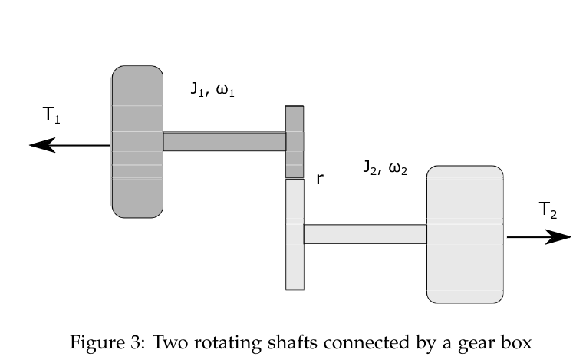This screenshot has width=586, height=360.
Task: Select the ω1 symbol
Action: click(x=225, y=89)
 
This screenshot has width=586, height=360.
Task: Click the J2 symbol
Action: click(x=370, y=168)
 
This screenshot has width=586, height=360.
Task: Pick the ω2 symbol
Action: click(x=398, y=168)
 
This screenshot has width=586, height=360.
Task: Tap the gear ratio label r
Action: click(x=319, y=180)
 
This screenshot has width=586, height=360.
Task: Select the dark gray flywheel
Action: click(x=137, y=141)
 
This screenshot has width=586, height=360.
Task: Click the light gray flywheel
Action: click(x=465, y=234)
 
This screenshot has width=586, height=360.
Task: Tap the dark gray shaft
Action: click(x=224, y=141)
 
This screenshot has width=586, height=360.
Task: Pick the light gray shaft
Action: click(x=364, y=234)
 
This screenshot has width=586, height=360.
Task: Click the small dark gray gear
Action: click(x=295, y=141)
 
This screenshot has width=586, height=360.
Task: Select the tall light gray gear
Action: click(x=295, y=234)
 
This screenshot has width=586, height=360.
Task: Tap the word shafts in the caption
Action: click(x=257, y=342)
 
